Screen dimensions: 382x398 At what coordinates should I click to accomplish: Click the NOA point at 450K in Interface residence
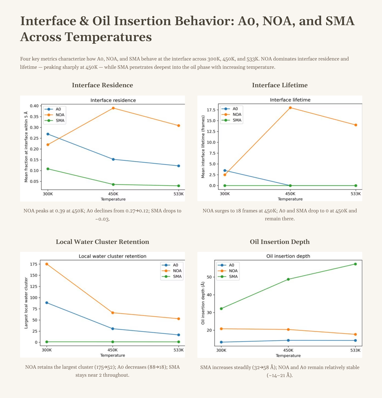pos(113,108)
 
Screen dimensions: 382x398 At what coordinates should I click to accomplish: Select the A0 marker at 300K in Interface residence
pos(48,134)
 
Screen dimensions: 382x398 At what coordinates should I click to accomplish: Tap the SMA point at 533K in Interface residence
pos(178,186)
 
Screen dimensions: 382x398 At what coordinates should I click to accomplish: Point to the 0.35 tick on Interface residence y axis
pos(34,116)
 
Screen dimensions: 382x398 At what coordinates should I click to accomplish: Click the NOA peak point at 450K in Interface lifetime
pos(290,107)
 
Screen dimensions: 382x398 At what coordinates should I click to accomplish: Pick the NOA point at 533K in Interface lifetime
pos(356,125)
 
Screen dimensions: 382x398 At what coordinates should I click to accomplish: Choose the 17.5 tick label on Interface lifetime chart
pos(211,110)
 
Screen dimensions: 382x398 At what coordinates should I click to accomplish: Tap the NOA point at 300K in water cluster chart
pos(47,264)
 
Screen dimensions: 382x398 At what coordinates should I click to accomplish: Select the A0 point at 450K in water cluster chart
pos(113,329)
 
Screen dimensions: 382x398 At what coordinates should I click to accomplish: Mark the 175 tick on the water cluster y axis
pos(33,264)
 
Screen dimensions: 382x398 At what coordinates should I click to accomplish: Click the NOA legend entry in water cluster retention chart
pos(172,271)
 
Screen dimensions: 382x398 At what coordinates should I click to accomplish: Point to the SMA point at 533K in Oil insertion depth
pos(355,264)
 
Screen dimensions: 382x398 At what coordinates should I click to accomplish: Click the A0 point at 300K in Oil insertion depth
pos(221,342)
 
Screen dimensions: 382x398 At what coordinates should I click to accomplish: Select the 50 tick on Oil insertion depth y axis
pos(210,277)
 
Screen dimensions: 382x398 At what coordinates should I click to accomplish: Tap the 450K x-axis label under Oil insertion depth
pos(288,350)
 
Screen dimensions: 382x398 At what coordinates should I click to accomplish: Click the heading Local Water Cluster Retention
pos(102,242)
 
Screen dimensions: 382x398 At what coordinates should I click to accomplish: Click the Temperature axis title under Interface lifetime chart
pos(290,199)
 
